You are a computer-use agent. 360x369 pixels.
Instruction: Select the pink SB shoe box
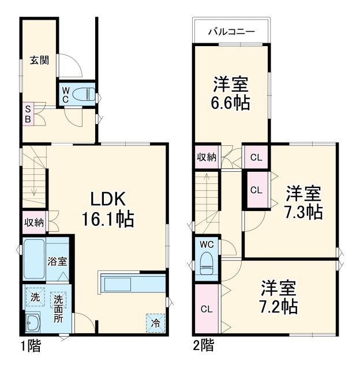28,114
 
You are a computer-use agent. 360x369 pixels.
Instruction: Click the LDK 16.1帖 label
111,208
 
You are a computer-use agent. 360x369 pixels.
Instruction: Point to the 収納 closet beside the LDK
33,222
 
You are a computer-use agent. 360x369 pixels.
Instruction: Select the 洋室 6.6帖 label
231,94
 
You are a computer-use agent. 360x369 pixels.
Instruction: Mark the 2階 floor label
203,346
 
